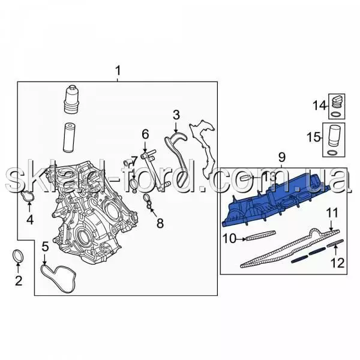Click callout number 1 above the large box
coord(118,71)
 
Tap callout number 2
coord(19,281)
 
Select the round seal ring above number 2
coord(18,256)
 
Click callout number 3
coord(176,115)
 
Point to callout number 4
coord(30,220)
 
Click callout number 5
coord(46,247)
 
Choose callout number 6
coord(145,134)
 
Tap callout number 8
coord(160,223)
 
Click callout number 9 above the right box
coord(282,157)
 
